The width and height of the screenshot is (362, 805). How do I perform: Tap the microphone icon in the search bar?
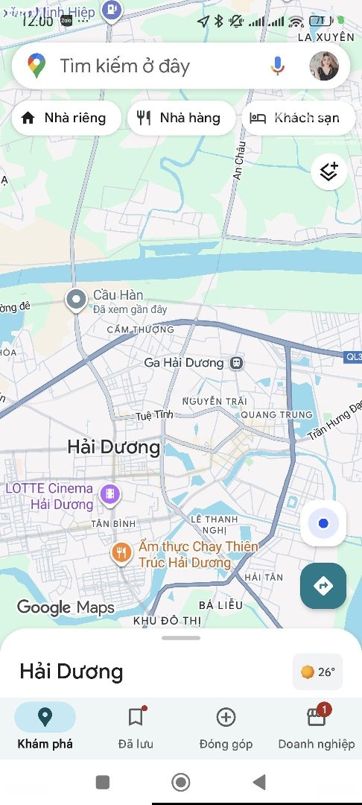click(x=278, y=66)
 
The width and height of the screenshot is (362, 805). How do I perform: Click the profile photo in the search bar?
click(x=324, y=66)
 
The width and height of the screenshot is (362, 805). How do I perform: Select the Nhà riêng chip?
click(x=66, y=118)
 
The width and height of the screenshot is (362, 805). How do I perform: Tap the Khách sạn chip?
click(x=298, y=118)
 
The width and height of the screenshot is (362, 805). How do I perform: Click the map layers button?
click(x=328, y=172)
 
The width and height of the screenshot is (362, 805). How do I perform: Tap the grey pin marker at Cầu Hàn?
click(x=75, y=300)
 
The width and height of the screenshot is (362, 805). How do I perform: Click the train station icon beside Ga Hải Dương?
click(x=236, y=363)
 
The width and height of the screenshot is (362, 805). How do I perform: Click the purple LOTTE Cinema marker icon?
click(x=110, y=493)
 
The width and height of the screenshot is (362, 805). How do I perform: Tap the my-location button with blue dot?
click(x=323, y=523)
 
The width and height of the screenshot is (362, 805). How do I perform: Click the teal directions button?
click(x=323, y=586)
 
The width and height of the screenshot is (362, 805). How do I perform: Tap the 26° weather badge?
click(x=318, y=672)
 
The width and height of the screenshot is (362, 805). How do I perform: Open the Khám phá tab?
click(x=45, y=726)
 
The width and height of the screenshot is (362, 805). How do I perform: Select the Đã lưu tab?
click(x=136, y=726)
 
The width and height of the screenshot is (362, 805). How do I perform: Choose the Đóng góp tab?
click(x=226, y=726)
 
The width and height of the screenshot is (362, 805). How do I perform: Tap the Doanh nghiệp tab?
click(x=317, y=726)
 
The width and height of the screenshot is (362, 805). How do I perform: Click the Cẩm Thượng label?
click(x=140, y=329)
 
